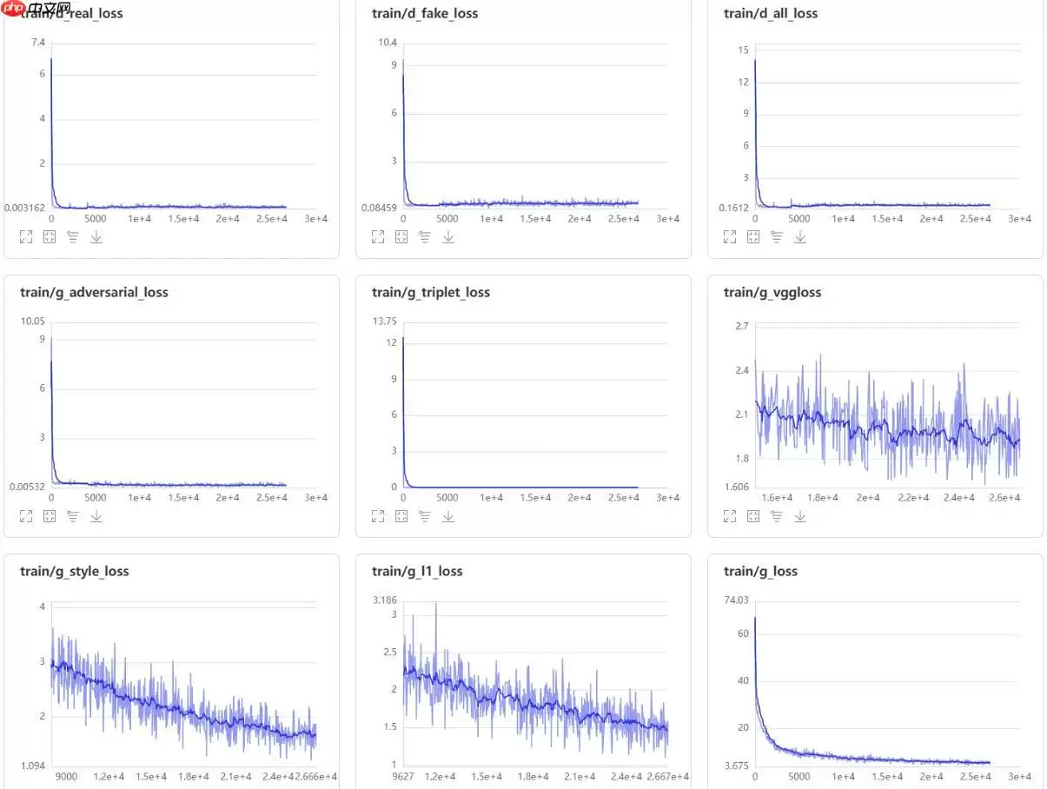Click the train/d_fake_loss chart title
point(425,13)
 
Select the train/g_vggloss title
point(772,292)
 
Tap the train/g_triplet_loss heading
point(431,292)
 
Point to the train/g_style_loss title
point(75,571)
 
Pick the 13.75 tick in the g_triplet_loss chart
point(384,322)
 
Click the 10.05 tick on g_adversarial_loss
point(32,322)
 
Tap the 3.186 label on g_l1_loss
point(384,600)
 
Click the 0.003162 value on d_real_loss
point(24,208)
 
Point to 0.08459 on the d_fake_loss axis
point(380,208)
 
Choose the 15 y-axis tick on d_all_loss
point(743,50)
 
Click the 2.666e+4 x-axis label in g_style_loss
point(313,777)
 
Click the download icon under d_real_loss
point(96,236)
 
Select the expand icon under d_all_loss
point(730,236)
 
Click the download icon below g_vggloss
point(800,516)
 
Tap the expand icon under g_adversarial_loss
point(26,516)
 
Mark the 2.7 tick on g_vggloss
point(741,326)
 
